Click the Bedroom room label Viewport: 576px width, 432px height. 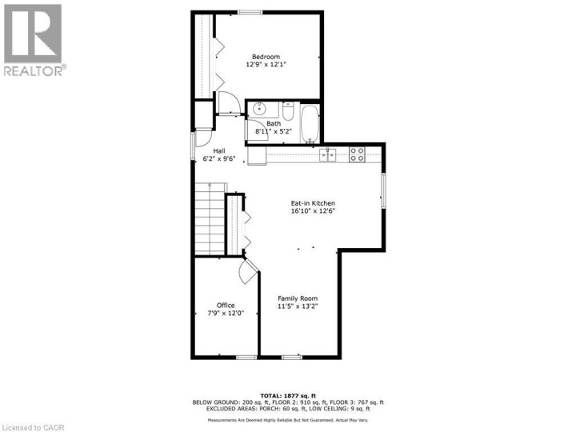coord(266,56)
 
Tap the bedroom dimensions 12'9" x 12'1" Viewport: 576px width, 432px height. coord(266,65)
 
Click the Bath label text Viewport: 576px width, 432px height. coord(274,123)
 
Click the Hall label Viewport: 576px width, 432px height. coord(218,150)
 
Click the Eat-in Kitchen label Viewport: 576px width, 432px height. coord(312,203)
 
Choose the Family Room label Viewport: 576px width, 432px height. coord(298,298)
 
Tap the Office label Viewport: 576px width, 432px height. coord(226,305)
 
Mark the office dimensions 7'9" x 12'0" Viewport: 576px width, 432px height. coord(226,314)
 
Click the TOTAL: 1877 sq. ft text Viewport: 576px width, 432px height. coord(287,394)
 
